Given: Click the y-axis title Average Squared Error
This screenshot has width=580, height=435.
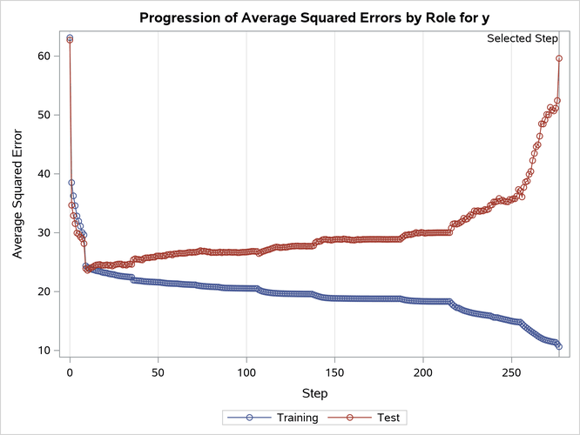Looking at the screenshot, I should [x=18, y=190].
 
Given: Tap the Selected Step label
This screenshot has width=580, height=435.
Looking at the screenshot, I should [x=522, y=38].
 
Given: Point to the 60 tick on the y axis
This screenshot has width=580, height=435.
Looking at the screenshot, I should [x=41, y=56].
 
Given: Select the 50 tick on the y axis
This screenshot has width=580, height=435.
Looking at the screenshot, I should [x=41, y=115].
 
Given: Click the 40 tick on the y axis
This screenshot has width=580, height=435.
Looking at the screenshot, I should [x=41, y=174].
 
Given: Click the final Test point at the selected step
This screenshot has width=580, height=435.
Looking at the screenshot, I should [x=559, y=58].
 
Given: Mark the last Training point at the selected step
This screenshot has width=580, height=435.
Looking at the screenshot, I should [x=559, y=346].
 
